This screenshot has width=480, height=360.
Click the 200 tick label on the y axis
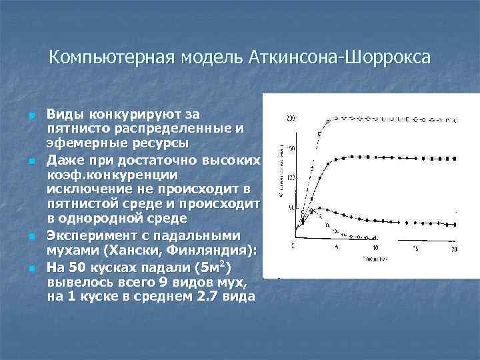pos(289,119)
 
